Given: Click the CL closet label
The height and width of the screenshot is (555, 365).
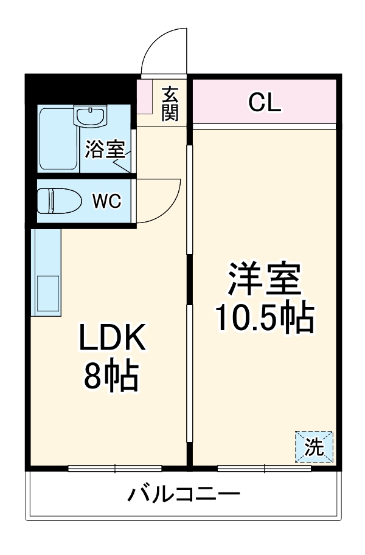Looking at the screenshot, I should click(265, 103).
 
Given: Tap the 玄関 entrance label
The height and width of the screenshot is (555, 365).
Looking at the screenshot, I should click(170, 103).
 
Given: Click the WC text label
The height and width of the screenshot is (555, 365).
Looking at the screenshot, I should click(107, 201).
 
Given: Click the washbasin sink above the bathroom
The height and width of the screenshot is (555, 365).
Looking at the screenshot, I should click(91, 115).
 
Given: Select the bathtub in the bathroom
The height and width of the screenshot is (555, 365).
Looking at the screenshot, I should click(58, 140).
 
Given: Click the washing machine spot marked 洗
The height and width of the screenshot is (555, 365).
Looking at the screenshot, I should click(315, 447).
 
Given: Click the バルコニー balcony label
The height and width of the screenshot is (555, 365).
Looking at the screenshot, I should click(183, 494).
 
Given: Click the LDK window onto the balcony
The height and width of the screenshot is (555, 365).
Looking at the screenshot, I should click(115, 468).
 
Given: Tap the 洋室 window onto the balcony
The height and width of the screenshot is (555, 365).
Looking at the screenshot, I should click(265, 468).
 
